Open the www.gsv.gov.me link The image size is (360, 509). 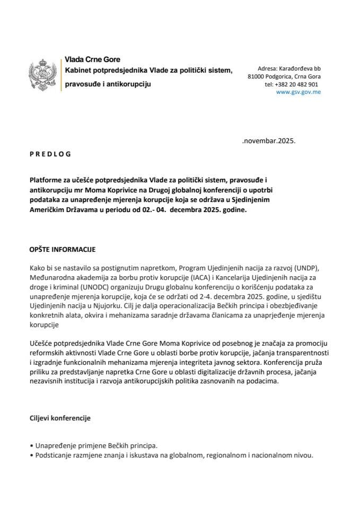click(298, 92)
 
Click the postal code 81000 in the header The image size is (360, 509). click(257, 77)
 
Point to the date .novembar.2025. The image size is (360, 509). click(268, 142)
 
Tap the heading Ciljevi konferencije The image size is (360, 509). click(60, 418)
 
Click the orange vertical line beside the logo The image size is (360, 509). click(61, 76)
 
